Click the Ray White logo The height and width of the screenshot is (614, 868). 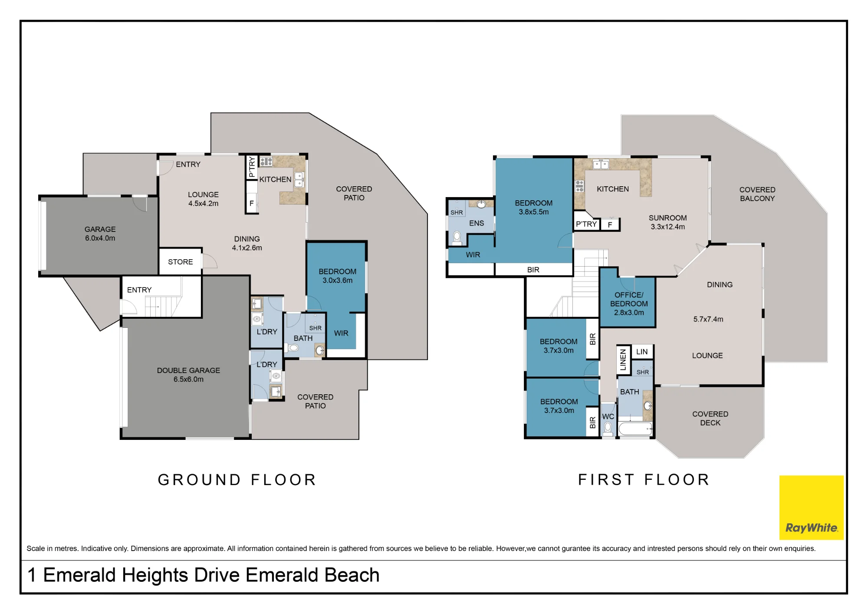pos(811,507)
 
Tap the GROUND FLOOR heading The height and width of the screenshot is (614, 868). pos(237,480)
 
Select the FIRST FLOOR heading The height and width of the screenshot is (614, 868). pos(644,480)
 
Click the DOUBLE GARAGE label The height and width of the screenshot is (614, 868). pos(188,375)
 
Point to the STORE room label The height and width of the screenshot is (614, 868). pos(181,262)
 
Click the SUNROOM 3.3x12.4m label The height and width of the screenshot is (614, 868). pos(667,222)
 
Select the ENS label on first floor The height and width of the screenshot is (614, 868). pos(477,223)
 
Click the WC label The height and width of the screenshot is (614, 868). pos(608,416)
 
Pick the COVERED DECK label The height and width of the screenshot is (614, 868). pos(710,418)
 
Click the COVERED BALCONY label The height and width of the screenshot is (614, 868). pos(757,194)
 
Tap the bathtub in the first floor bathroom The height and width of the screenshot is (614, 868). pos(635,429)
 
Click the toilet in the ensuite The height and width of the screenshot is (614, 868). pos(457,237)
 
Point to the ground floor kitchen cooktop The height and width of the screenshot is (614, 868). pos(266,162)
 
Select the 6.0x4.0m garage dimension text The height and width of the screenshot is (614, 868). pos(100,238)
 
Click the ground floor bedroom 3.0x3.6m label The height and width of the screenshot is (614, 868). pos(337,276)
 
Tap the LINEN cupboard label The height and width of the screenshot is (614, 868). pos(623,360)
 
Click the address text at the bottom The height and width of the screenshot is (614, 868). pos(204,575)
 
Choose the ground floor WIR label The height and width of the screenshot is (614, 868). pos(341,333)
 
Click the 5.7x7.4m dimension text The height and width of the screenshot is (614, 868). pos(708,319)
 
